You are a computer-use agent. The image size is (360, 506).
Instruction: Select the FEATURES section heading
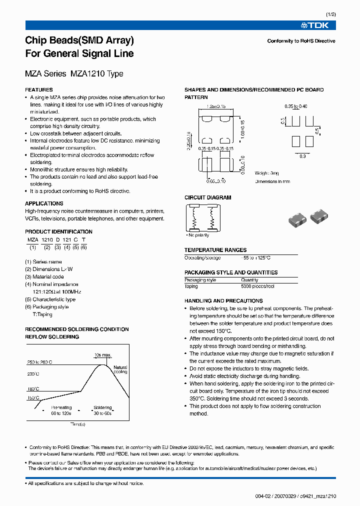[39, 90]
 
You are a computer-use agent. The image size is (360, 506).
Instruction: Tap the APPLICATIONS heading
[44, 203]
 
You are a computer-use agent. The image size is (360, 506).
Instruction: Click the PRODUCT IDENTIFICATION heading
[58, 231]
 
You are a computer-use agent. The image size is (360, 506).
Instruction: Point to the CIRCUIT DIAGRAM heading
[208, 197]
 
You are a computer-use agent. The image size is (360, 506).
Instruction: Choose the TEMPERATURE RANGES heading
[215, 250]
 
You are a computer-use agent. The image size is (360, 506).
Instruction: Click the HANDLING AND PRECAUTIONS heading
[223, 301]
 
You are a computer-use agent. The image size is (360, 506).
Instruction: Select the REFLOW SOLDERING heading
[52, 337]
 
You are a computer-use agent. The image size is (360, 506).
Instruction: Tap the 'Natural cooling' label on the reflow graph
[120, 369]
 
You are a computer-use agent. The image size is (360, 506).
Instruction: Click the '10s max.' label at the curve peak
[103, 355]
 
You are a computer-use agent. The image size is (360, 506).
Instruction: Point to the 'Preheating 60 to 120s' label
[61, 410]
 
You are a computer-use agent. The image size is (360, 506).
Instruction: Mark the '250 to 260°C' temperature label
[39, 361]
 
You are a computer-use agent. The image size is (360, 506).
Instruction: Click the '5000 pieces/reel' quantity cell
[257, 286]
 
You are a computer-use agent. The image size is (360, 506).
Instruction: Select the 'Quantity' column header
[249, 280]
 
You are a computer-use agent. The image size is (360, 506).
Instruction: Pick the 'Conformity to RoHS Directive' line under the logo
[301, 41]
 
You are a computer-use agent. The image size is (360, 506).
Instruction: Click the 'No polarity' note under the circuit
[198, 235]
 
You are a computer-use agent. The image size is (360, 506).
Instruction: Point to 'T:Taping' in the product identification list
[42, 314]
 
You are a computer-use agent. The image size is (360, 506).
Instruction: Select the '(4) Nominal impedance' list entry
[52, 284]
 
